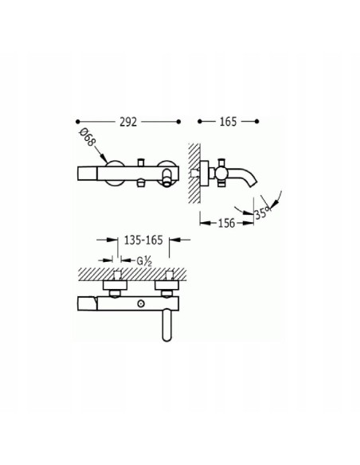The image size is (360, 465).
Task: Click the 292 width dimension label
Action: (x=128, y=122)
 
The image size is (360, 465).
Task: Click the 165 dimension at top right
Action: (x=228, y=122)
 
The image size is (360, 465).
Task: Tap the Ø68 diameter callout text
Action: (x=87, y=137)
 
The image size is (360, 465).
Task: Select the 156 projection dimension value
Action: (x=226, y=223)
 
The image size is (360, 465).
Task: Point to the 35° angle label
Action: (x=263, y=213)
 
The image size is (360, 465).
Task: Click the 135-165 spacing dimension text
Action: (x=143, y=240)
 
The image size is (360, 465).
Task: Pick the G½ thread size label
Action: (x=144, y=261)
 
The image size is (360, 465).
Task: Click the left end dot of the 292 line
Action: (x=78, y=122)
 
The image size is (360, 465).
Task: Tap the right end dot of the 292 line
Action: (x=178, y=122)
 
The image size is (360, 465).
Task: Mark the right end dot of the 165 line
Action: (x=256, y=121)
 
